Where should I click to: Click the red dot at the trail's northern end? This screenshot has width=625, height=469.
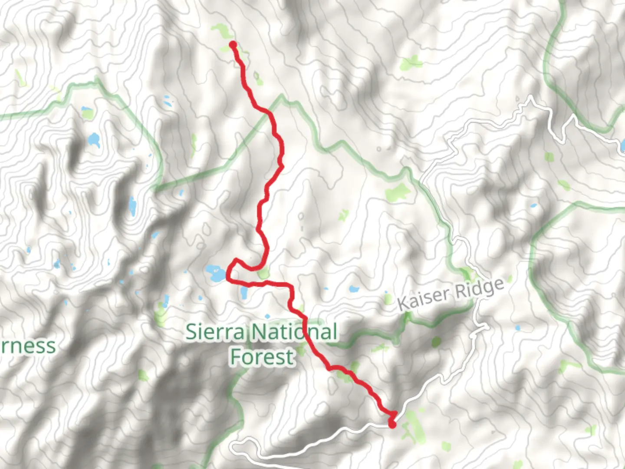(233, 44)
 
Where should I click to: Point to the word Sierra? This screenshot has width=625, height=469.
(215, 332)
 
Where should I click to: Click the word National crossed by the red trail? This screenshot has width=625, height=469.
(295, 332)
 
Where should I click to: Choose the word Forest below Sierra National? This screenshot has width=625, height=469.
(262, 357)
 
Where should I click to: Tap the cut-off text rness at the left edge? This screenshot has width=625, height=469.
(27, 346)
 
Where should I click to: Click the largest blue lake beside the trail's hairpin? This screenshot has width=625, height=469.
(215, 273)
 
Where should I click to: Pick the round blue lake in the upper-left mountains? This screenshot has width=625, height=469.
(94, 140)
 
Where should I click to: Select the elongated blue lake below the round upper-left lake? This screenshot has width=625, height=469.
(132, 205)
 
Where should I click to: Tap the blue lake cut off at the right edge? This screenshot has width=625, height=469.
(622, 145)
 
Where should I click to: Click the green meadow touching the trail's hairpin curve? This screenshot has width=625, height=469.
(263, 274)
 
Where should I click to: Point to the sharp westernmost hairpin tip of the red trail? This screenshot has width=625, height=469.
(228, 278)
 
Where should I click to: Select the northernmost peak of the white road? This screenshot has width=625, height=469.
(530, 99)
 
